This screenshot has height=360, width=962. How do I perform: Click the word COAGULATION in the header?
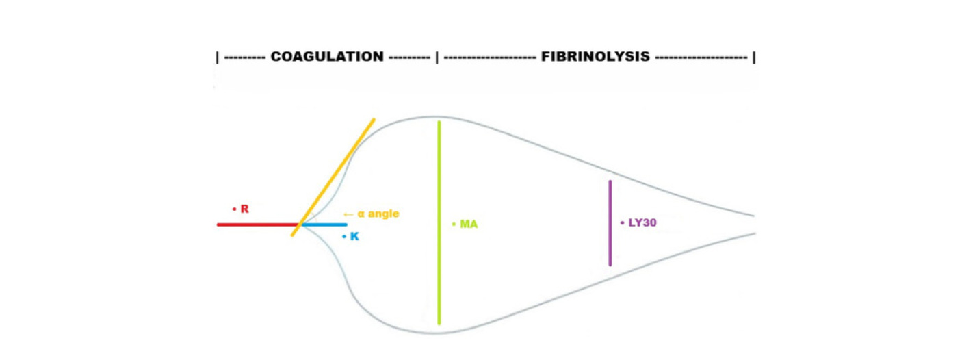pos(327,57)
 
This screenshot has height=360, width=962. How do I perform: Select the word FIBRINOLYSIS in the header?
pos(595,57)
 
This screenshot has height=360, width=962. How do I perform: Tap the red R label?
pos(245,209)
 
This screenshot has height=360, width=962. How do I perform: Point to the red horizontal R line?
pos(257,224)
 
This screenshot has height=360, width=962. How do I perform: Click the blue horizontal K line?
pos(324,224)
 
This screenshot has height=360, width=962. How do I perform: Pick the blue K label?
pos(354,237)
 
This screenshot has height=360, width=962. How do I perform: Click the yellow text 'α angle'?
pos(378,214)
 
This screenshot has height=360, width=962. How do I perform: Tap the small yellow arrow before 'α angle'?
pos(348,214)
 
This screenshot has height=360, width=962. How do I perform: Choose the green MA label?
pos(469,224)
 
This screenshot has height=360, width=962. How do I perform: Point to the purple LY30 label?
pos(642,223)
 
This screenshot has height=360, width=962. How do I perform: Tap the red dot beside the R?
pos(235,208)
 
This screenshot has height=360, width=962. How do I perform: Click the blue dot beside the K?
pos(344,237)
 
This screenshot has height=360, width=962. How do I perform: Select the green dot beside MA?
pos(454,224)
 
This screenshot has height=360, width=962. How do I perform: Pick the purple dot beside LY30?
pos(622,222)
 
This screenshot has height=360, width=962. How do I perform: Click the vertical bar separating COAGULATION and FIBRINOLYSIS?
pos(437,57)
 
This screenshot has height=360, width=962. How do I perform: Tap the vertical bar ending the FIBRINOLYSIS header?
pos(753,57)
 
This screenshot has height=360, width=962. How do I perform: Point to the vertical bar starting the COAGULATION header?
pos(217,57)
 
